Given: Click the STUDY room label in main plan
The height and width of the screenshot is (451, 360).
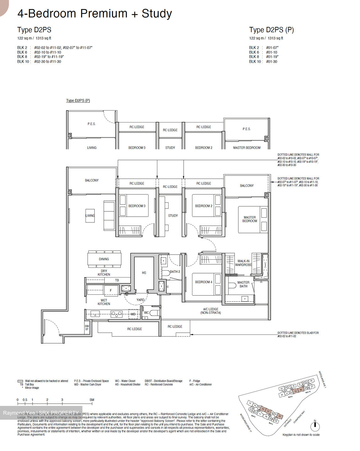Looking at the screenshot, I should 173,215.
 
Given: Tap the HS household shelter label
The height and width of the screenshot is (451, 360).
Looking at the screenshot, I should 144,273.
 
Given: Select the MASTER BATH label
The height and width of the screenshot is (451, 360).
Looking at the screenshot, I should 243,284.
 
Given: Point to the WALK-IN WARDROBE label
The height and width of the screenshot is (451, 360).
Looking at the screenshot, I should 243,263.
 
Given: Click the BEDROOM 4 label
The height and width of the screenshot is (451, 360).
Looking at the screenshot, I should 203,282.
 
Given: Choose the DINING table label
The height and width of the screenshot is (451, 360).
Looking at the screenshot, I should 104,259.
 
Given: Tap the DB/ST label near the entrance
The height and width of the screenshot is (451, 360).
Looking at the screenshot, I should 87,328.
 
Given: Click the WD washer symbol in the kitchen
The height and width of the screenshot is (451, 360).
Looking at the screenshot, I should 133,314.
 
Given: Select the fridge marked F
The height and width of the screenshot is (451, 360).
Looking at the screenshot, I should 111,290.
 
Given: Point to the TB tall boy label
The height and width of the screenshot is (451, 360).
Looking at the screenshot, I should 117,280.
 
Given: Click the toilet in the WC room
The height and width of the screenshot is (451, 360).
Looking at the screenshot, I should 154,313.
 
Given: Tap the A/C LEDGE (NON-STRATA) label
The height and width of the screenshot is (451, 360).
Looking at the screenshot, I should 211,311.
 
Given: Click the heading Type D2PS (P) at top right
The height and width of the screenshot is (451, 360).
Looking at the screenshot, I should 271,30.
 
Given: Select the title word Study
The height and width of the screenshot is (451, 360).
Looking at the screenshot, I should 157,14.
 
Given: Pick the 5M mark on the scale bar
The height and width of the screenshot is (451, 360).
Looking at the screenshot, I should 91,400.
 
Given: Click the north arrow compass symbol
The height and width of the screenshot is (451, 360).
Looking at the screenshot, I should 315,426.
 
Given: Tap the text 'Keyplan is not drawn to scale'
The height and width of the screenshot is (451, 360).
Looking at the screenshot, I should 301,435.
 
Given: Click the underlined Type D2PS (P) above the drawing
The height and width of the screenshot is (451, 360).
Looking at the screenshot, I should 78,101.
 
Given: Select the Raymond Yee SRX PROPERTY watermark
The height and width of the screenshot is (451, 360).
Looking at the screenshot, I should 41,413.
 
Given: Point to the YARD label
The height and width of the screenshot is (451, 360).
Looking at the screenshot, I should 140,300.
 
